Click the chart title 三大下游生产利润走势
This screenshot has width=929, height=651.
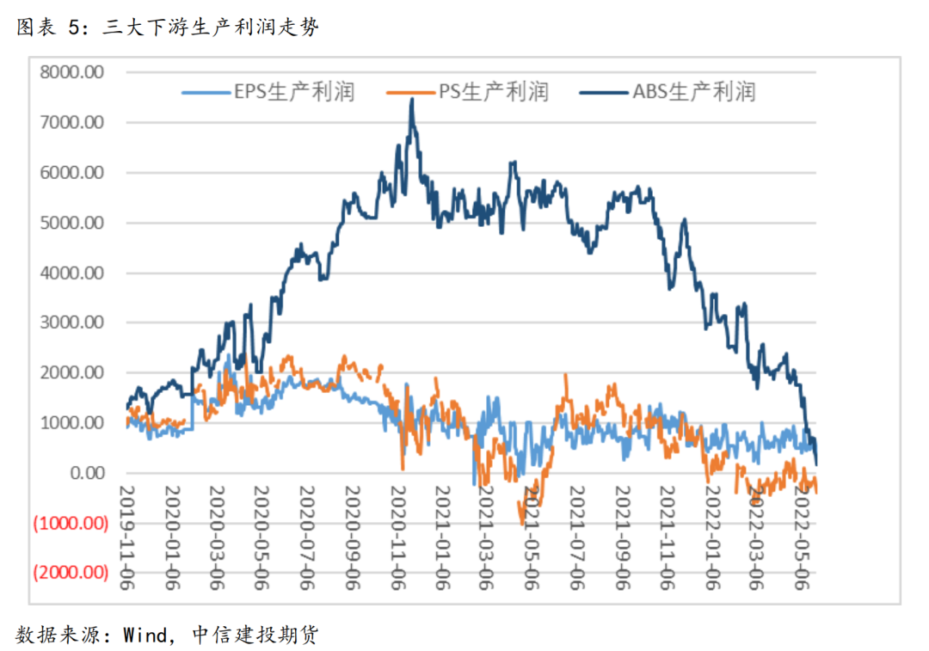click(211, 28)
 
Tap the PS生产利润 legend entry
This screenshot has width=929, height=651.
click(469, 91)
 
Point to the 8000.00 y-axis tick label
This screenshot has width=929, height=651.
click(71, 72)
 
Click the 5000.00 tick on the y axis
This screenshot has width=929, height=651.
click(71, 223)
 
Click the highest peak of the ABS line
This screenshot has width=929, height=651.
click(412, 100)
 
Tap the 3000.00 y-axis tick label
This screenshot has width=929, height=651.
click(71, 322)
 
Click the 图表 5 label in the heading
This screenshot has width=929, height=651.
click(48, 28)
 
